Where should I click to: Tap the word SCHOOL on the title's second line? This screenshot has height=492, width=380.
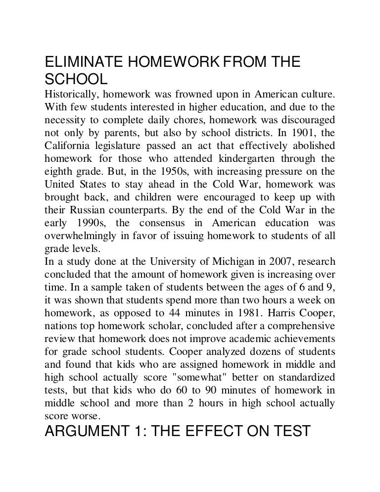click(x=76, y=80)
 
